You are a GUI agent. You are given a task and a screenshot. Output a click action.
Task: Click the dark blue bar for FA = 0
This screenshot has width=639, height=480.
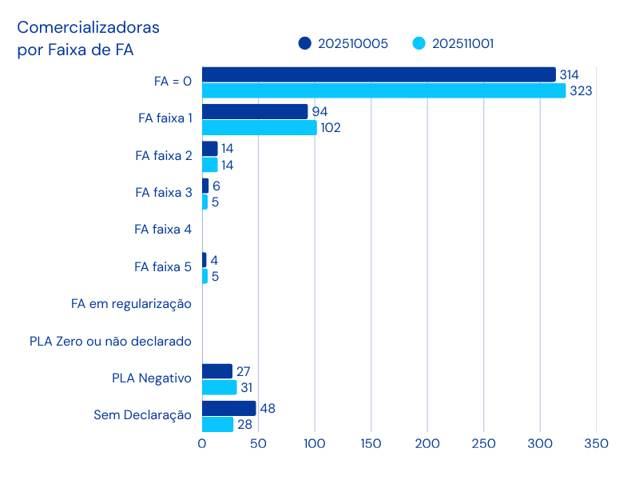pyautogui.click(x=379, y=74)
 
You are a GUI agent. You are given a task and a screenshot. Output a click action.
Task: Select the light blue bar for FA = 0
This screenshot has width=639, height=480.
pyautogui.click(x=383, y=90)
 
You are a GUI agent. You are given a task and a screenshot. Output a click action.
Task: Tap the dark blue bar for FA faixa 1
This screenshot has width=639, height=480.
pyautogui.click(x=255, y=111)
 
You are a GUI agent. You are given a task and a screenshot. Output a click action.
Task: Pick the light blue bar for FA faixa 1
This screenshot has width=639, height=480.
pyautogui.click(x=259, y=127)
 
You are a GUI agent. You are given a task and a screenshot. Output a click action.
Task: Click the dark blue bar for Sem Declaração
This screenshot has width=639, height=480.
pyautogui.click(x=228, y=408)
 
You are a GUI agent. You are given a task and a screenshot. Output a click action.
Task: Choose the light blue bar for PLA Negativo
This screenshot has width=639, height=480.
pyautogui.click(x=219, y=387)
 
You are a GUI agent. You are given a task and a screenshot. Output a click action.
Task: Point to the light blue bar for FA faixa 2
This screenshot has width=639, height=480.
pyautogui.click(x=209, y=165)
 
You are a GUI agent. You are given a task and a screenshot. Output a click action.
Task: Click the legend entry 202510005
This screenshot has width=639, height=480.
pyautogui.click(x=343, y=44)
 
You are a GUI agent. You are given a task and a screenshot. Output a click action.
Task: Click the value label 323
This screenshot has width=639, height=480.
pyautogui.click(x=581, y=91)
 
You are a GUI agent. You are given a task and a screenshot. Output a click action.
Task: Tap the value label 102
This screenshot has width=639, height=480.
pyautogui.click(x=331, y=128)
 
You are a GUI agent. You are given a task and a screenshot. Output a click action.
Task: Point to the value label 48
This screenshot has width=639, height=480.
pyautogui.click(x=268, y=409)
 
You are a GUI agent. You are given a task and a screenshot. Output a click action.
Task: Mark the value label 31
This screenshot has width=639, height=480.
pyautogui.click(x=248, y=387)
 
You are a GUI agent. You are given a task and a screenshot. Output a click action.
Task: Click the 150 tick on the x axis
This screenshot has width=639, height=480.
pyautogui.click(x=371, y=443)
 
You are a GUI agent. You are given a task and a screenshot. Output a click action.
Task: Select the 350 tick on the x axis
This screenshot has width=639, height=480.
pyautogui.click(x=596, y=443)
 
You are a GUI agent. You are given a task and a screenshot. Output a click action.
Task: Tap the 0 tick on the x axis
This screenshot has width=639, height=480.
pyautogui.click(x=202, y=443)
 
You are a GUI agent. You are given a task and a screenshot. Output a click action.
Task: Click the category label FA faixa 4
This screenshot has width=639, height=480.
pyautogui.click(x=163, y=230)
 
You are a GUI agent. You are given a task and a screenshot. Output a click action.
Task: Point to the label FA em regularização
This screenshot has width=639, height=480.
pyautogui.click(x=131, y=304)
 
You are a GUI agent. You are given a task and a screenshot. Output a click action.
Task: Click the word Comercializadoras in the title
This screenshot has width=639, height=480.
pyautogui.click(x=89, y=28)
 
